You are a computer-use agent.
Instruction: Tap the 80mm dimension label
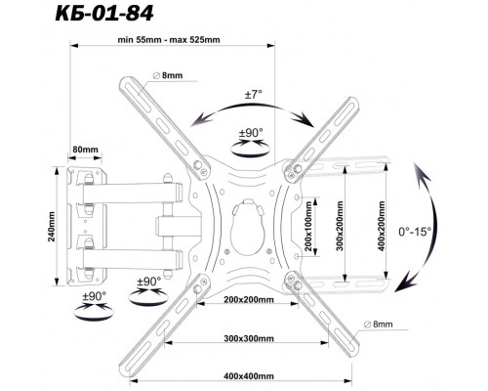point(85,150)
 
